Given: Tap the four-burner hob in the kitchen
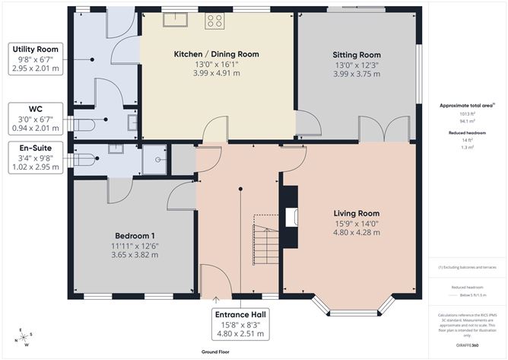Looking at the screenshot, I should [214, 21].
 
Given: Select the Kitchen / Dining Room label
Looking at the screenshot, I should [216, 54].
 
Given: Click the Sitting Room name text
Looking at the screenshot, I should [356, 55].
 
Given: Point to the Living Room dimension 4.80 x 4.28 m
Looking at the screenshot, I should [356, 232].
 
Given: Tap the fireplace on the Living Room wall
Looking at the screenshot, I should [291, 216].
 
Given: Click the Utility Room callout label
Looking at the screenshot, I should [35, 59].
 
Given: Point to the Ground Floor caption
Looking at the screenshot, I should [217, 352].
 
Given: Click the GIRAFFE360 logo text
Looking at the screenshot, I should [465, 345].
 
